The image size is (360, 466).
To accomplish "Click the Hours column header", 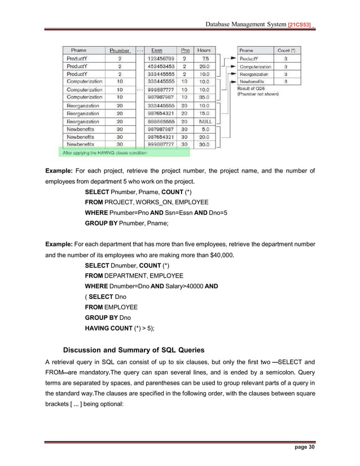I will pos(204,50).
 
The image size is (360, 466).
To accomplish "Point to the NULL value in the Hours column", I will pos(204,121).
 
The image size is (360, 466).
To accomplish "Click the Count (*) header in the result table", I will pos(285,50).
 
